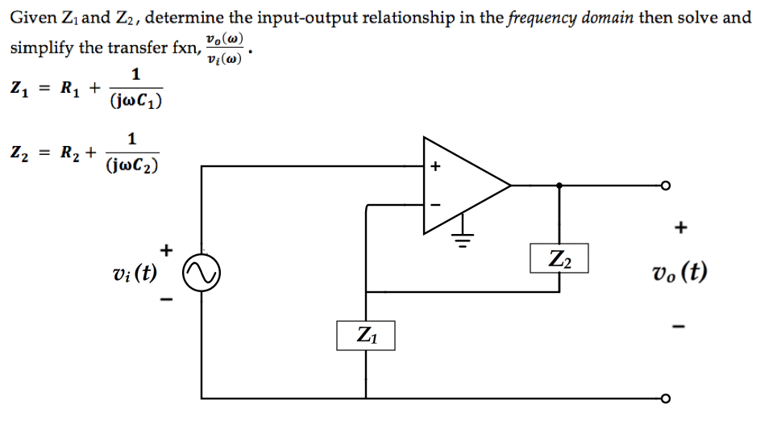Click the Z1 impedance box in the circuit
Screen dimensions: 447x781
(x=366, y=335)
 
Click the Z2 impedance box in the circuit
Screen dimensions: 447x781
(x=559, y=258)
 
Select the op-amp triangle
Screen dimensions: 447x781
(x=459, y=186)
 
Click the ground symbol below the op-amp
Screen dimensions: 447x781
(x=463, y=238)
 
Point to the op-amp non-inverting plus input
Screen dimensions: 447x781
(x=435, y=168)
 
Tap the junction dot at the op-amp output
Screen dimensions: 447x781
(x=559, y=186)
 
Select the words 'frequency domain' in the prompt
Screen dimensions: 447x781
(x=571, y=17)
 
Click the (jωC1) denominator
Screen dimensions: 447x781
(x=135, y=102)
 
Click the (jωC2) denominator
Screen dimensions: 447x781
(x=131, y=165)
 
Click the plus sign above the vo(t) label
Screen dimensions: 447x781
(x=681, y=228)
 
